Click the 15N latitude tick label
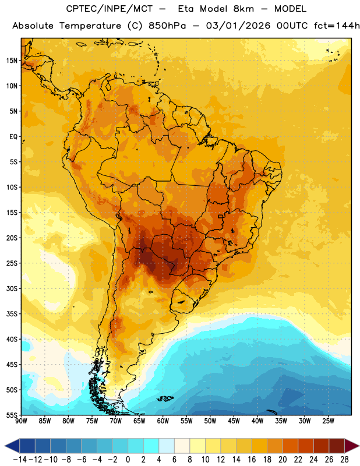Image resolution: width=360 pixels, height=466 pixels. tap(12, 61)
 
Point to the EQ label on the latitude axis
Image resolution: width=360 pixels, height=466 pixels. tap(13, 137)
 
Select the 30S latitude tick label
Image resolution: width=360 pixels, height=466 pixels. tap(12, 288)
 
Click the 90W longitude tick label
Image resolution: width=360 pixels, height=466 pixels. tap(22, 421)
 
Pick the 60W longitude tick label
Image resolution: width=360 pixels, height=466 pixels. tap(163, 421)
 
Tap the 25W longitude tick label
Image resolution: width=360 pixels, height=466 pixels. tap(328, 421)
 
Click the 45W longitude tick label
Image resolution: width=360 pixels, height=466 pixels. tap(234, 421)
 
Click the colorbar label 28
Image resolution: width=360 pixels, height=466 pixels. tap(344, 460)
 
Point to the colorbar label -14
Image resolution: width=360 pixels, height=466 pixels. tap(20, 460)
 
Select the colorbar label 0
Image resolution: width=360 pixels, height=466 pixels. tap(128, 460)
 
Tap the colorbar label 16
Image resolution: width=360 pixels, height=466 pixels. tap(252, 460)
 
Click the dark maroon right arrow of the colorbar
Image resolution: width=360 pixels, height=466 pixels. tap(351, 446)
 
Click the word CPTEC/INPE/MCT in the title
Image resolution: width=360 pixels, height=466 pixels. tap(110, 9)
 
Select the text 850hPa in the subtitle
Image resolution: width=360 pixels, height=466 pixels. tap(167, 26)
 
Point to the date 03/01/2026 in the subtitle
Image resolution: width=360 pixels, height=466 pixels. tap(238, 26)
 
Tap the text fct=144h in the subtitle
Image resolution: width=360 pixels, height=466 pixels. tap(337, 26)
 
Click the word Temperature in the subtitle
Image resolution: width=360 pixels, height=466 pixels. tap(90, 26)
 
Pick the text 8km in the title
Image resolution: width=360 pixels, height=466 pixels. tap(243, 9)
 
